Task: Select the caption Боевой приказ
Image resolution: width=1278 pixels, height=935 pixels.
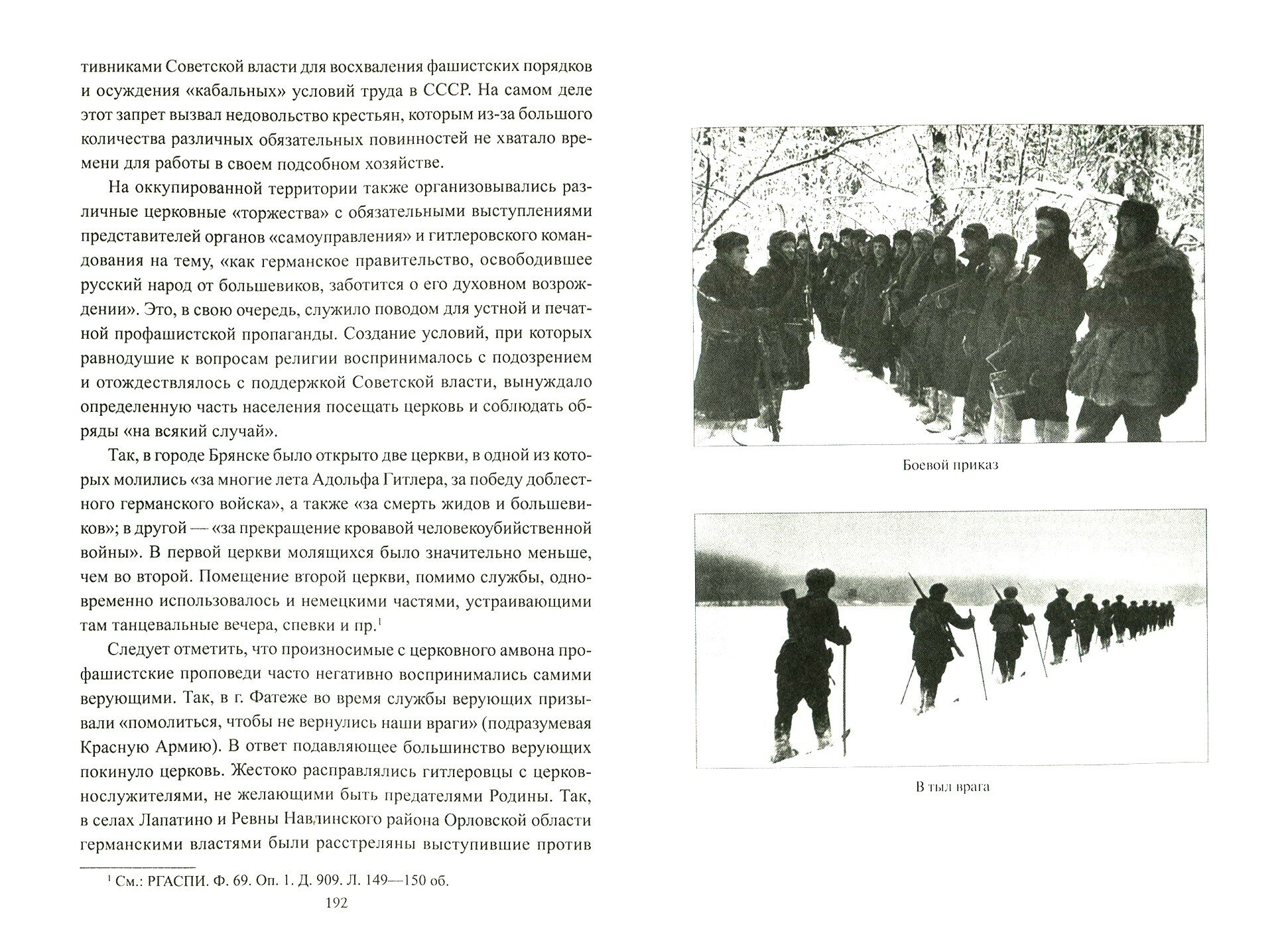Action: pyautogui.click(x=950, y=465)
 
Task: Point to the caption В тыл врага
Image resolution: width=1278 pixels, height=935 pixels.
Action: pyautogui.click(x=950, y=787)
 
